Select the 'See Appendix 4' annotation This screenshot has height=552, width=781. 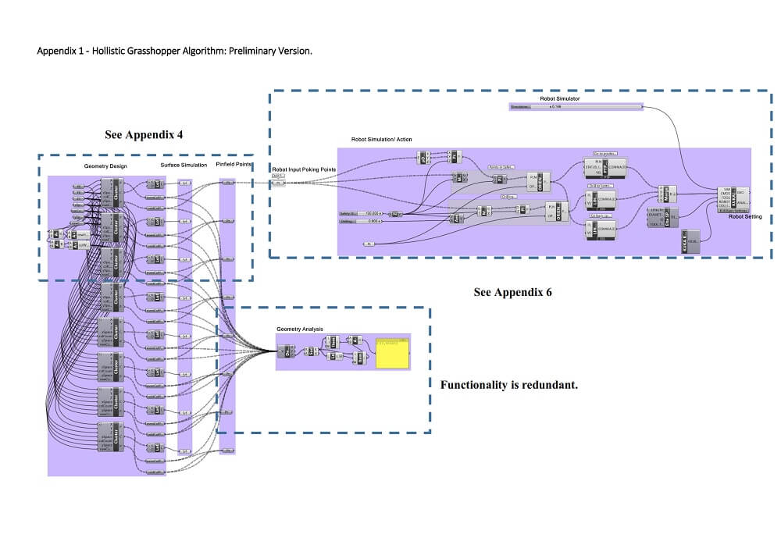tap(144, 134)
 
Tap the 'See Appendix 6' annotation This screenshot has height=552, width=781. tap(512, 292)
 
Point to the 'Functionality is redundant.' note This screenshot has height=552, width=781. tap(509, 385)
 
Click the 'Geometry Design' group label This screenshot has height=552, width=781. tap(105, 166)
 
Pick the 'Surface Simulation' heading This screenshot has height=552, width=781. tap(184, 166)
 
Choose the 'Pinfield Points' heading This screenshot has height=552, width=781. tap(234, 166)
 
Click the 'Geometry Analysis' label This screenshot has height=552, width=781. tap(300, 329)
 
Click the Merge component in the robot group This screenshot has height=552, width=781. tap(667, 192)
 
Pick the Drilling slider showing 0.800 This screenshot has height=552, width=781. tap(364, 222)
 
